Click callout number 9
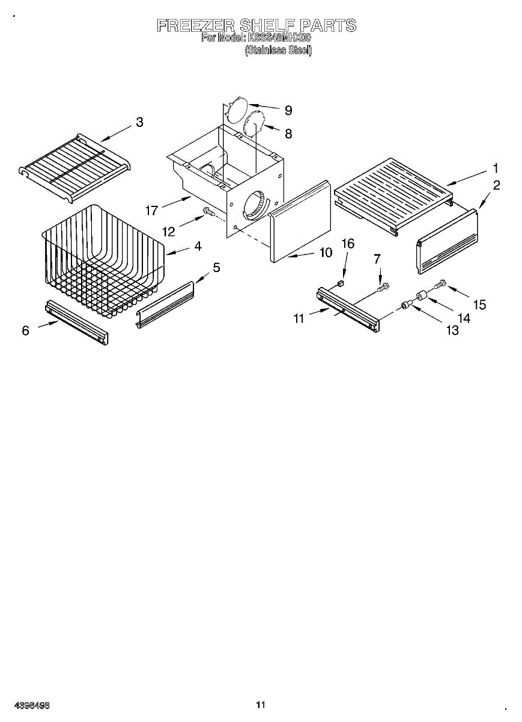pos(288,110)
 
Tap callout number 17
pos(152,211)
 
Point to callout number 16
pos(348,244)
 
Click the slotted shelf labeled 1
pos(393,190)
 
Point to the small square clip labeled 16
pos(341,282)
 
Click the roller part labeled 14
pos(420,296)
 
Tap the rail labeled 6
pos(77,322)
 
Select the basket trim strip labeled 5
pos(165,304)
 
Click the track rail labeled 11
pos(348,308)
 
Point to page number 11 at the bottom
pos(260,705)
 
